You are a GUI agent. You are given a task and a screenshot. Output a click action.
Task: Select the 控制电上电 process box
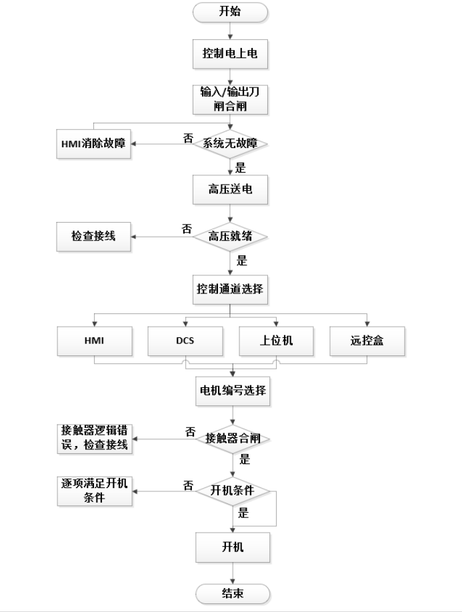(x=230, y=55)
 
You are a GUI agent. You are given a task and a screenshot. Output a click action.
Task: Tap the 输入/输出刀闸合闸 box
(x=230, y=99)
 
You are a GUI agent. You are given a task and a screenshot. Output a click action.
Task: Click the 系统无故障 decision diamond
(x=230, y=143)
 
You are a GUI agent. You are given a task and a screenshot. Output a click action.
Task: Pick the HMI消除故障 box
(x=92, y=143)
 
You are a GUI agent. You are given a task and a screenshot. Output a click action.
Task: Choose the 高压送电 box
(x=230, y=190)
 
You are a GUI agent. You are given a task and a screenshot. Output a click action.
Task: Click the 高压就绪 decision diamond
(x=230, y=236)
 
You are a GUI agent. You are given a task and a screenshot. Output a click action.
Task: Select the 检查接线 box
(x=92, y=236)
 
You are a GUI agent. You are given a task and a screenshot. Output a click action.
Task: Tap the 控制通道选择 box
(x=230, y=290)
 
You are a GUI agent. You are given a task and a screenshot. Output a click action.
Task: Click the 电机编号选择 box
(x=231, y=391)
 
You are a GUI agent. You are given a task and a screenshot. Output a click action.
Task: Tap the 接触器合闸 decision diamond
(x=231, y=439)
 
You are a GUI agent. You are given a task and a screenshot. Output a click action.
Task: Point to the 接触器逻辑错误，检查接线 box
(x=92, y=438)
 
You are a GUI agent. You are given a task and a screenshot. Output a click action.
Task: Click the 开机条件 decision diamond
(x=231, y=491)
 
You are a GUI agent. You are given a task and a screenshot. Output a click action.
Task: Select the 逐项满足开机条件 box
(x=92, y=491)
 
